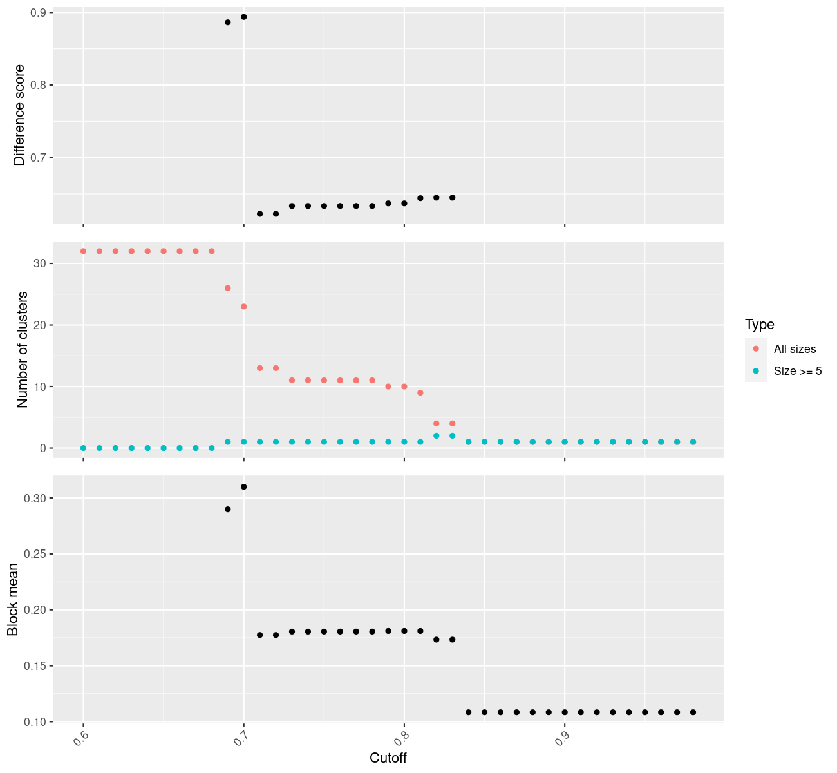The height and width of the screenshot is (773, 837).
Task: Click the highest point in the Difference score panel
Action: (x=243, y=17)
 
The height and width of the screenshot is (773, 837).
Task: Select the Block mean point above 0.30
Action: (x=243, y=486)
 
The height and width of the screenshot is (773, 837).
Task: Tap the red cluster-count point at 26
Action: (x=227, y=288)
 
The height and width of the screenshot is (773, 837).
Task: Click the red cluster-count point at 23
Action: (x=243, y=307)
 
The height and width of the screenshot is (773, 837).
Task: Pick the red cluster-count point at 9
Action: (x=420, y=392)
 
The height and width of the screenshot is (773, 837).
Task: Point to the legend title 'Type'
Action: (x=759, y=325)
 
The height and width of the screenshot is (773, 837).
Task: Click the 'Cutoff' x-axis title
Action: (x=388, y=758)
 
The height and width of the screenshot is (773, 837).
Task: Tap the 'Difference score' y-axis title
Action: (x=19, y=115)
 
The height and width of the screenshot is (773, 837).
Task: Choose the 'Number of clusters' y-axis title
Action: (x=23, y=349)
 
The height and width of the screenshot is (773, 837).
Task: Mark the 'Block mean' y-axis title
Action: (x=13, y=599)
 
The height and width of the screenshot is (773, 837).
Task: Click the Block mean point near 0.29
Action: (x=227, y=509)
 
